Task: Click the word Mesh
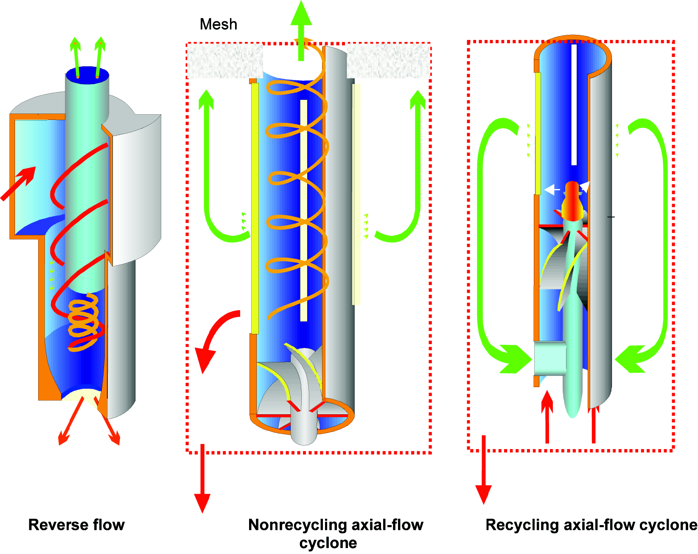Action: tap(218, 24)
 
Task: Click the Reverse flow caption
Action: tap(76, 525)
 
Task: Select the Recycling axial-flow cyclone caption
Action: tap(591, 525)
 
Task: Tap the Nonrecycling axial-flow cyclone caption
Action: tap(335, 534)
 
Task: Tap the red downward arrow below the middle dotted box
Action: tap(202, 480)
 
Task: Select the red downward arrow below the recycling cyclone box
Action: tap(483, 472)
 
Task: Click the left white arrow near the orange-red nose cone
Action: tap(552, 189)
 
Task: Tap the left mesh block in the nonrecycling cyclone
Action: tap(225, 62)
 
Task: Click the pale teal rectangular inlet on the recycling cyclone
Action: tap(549, 358)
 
